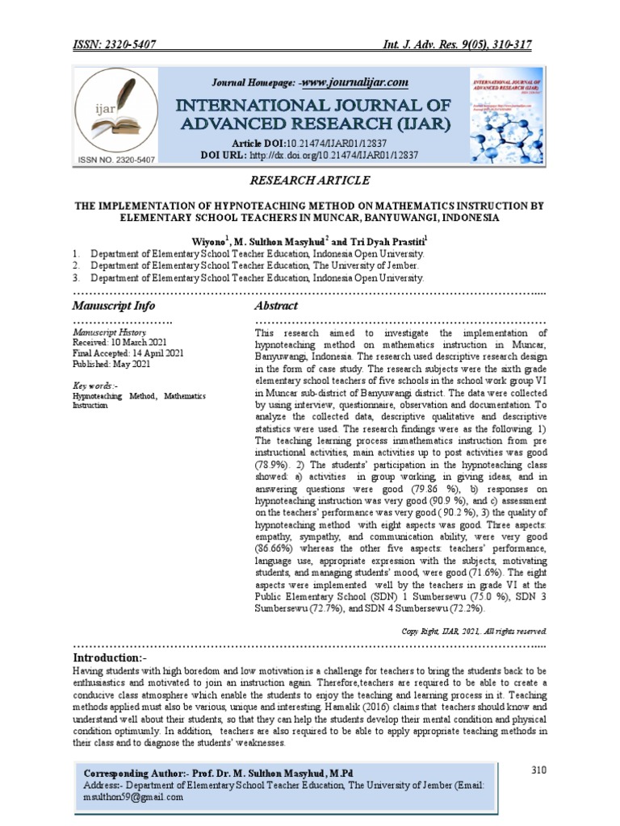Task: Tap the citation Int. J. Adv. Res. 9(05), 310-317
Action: point(456,45)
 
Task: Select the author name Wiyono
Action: point(207,241)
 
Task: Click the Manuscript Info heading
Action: point(114,306)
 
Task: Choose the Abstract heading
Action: point(276,306)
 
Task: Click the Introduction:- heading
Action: point(115,659)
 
